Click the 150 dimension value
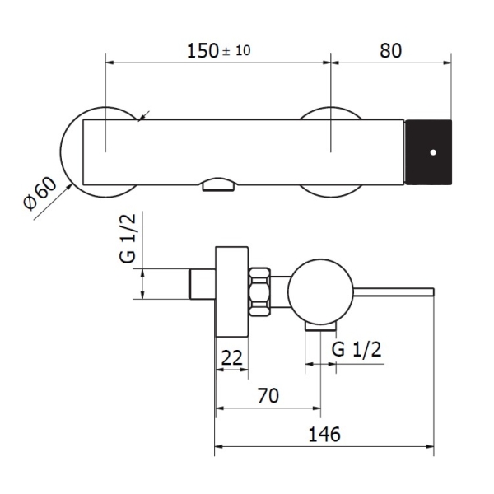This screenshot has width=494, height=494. (203, 51)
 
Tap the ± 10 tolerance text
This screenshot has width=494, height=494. (236, 51)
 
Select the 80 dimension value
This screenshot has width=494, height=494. (390, 51)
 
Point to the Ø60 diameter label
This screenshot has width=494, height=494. (40, 193)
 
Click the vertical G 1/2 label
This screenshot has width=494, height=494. (128, 238)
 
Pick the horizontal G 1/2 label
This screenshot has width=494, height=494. (357, 349)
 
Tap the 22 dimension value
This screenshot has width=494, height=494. (232, 357)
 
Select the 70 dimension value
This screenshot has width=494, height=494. (268, 396)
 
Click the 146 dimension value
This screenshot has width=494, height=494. (324, 435)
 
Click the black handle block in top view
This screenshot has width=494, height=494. (428, 152)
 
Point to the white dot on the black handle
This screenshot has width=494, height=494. (433, 152)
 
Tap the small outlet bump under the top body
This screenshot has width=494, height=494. (218, 185)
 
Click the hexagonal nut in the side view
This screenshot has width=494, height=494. (260, 291)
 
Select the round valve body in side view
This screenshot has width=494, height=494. (320, 292)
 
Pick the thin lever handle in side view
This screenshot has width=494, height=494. (394, 292)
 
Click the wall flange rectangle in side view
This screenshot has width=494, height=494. (232, 291)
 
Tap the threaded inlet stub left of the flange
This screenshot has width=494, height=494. (203, 284)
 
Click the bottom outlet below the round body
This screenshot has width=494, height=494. (321, 327)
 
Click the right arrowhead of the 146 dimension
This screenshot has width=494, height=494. (430, 447)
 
